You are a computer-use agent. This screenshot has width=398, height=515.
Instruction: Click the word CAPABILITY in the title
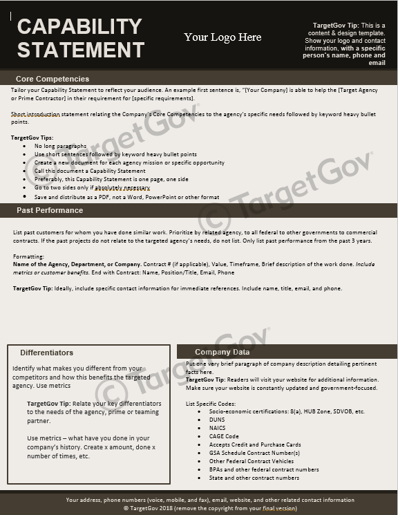tap(79, 26)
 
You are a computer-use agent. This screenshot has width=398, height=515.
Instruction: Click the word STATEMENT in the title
tap(81, 50)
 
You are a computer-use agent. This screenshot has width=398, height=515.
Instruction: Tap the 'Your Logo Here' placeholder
tap(222, 37)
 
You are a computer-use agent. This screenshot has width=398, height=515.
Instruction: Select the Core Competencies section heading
tap(53, 79)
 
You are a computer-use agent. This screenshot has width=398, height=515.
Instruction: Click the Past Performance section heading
tap(50, 210)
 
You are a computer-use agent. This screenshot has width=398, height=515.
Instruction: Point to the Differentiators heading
tap(47, 353)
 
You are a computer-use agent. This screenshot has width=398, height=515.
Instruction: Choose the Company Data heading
tap(222, 352)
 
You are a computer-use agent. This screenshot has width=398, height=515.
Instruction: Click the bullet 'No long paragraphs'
tap(61, 147)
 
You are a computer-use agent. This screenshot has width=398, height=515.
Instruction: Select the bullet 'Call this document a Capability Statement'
tap(90, 171)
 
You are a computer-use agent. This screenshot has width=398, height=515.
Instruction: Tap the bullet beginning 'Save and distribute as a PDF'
tap(126, 197)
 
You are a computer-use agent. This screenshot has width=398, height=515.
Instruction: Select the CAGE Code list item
tap(225, 436)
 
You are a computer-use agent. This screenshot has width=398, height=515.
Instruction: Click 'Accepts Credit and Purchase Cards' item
tap(254, 444)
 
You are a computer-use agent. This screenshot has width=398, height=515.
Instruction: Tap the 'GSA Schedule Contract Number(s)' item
tap(254, 453)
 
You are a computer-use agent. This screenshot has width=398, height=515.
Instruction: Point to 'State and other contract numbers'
tap(254, 478)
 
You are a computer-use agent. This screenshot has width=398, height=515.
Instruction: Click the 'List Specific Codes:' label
tap(211, 403)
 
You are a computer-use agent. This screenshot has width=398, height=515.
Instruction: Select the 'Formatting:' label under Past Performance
tap(28, 256)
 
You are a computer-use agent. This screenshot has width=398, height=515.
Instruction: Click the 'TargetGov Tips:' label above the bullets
tap(32, 138)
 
